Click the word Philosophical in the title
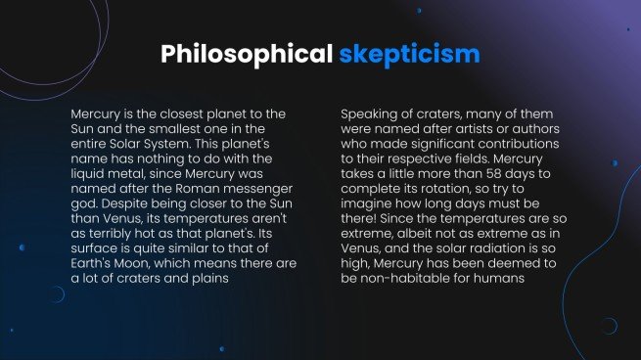point(246,53)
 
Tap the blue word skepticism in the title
point(410,53)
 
